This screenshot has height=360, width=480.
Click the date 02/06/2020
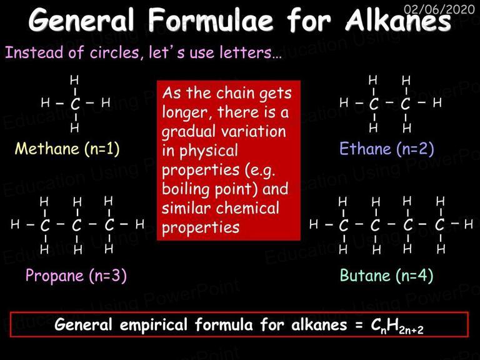point(439,9)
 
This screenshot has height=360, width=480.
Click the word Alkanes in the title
point(398,21)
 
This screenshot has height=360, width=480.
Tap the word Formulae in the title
point(211,20)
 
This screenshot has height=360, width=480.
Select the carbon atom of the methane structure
point(75,104)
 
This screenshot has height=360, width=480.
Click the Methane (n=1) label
point(67,149)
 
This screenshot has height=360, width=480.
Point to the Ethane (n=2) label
point(387,149)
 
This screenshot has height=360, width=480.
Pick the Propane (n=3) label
point(76,276)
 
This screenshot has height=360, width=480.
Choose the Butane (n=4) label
point(387,276)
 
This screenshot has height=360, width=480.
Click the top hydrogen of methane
point(74,80)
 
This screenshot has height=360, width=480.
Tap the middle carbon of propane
point(76,225)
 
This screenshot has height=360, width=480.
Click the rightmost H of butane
point(468,224)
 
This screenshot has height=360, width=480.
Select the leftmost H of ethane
point(344,102)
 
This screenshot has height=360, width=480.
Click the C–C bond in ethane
point(389,102)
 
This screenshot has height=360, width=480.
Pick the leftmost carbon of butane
point(344,225)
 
